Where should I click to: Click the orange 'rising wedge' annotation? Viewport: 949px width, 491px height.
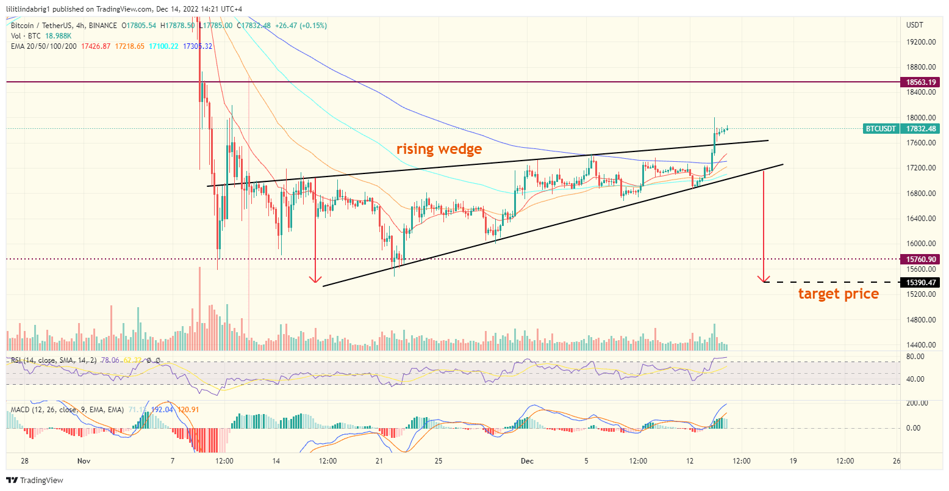point(439,148)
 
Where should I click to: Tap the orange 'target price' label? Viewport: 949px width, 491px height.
point(839,294)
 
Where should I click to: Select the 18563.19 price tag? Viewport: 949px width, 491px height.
point(921,82)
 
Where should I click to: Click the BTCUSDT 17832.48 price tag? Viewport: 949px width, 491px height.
point(901,129)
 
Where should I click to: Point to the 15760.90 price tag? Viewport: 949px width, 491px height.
point(921,260)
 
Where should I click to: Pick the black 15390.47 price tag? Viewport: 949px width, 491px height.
point(921,283)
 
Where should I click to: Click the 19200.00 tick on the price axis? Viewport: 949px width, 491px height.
point(921,42)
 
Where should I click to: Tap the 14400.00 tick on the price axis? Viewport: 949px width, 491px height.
point(921,345)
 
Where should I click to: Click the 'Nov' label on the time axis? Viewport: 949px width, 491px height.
point(84,461)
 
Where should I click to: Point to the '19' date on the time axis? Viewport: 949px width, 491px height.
point(793,461)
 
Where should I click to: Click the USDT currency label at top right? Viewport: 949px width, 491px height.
point(915,25)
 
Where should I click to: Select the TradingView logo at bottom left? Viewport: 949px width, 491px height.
point(35,481)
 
